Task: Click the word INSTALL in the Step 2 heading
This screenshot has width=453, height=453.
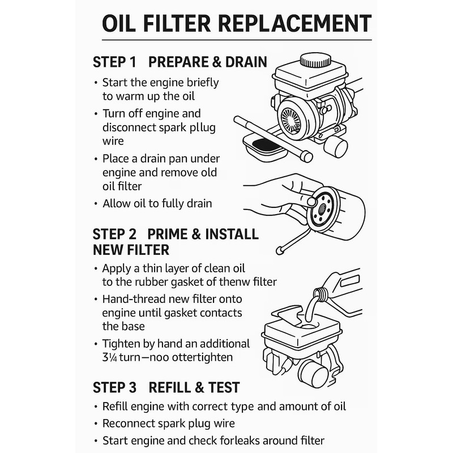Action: pyautogui.click(x=229, y=234)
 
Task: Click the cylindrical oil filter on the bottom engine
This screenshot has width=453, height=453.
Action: pyautogui.click(x=311, y=373)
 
